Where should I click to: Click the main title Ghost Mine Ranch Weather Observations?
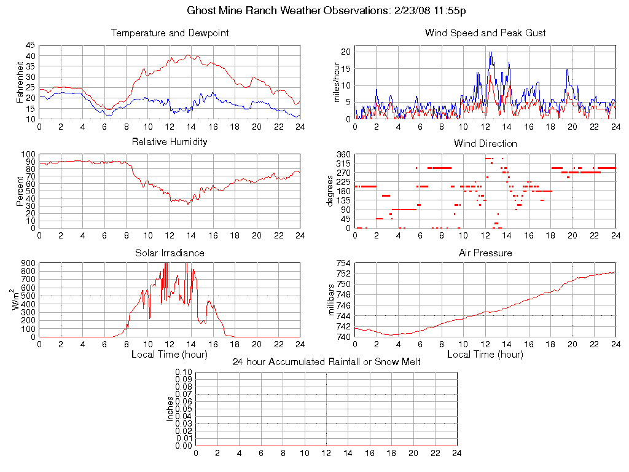click(x=314, y=11)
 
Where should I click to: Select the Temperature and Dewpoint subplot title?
click(x=170, y=33)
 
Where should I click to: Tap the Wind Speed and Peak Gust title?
click(x=485, y=33)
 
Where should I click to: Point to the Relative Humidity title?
click(x=170, y=142)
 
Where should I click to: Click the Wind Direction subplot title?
click(x=485, y=144)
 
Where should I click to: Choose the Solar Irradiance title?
click(x=170, y=253)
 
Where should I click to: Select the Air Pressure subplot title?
click(x=485, y=253)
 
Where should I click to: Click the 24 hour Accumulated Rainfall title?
click(x=326, y=362)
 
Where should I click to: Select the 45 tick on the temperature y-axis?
click(x=30, y=45)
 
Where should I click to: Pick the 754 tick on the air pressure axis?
click(x=343, y=264)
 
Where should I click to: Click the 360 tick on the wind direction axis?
click(x=343, y=155)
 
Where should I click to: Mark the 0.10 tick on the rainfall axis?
click(x=184, y=372)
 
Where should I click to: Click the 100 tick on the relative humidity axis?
click(x=28, y=155)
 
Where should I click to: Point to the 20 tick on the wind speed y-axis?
click(x=345, y=52)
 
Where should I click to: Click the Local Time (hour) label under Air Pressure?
click(x=485, y=355)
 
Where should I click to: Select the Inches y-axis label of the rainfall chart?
click(x=170, y=409)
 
